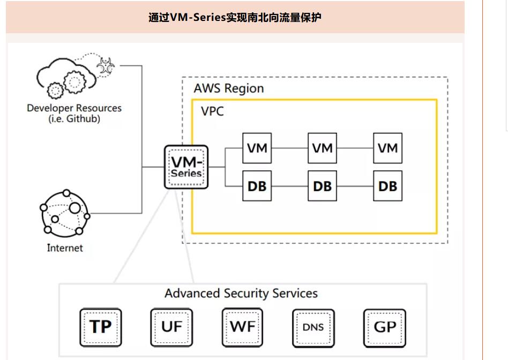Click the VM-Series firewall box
pyautogui.click(x=186, y=167)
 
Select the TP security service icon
pyautogui.click(x=101, y=327)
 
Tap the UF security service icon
pyautogui.click(x=171, y=327)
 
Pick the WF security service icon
pyautogui.click(x=242, y=327)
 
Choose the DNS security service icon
pyautogui.click(x=313, y=327)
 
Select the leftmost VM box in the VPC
pyautogui.click(x=257, y=148)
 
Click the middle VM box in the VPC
pyautogui.click(x=322, y=148)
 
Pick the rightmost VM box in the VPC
pyautogui.click(x=387, y=148)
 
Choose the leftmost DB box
pyautogui.click(x=257, y=186)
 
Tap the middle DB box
pyautogui.click(x=322, y=186)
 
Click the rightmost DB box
pyautogui.click(x=387, y=186)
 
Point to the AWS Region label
pyautogui.click(x=229, y=88)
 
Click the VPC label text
pyautogui.click(x=212, y=111)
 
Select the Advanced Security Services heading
pyautogui.click(x=241, y=294)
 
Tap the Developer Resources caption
pyautogui.click(x=74, y=113)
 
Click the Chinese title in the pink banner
pyautogui.click(x=235, y=18)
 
